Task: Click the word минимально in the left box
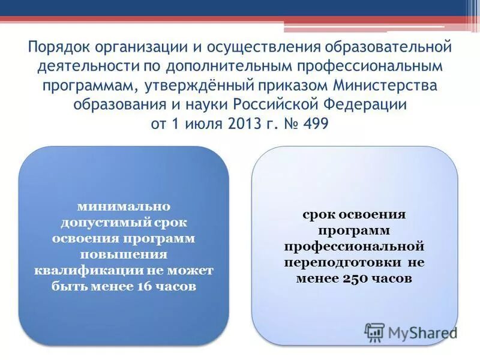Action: point(124,206)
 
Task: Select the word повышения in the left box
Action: point(124,254)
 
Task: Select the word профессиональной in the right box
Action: point(355,247)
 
